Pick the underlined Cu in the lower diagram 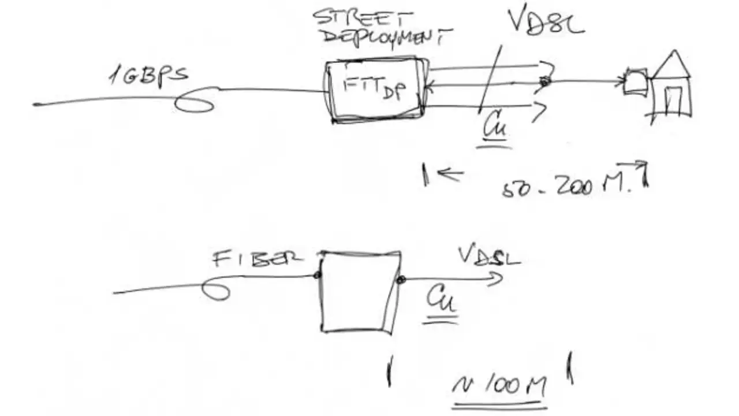pyautogui.click(x=441, y=300)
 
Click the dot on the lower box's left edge pyautogui.click(x=317, y=275)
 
